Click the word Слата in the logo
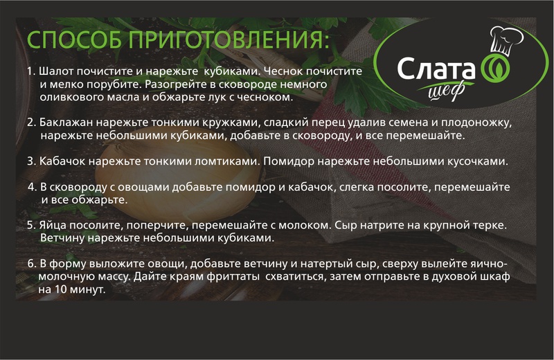436,69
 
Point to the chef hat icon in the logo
506,40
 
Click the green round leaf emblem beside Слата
497,68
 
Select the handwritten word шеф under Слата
447,91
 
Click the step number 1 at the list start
30,71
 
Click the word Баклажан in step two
66,123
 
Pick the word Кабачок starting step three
62,161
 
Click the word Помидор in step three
289,161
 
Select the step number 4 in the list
32,187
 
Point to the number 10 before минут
61,289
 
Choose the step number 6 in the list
32,264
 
